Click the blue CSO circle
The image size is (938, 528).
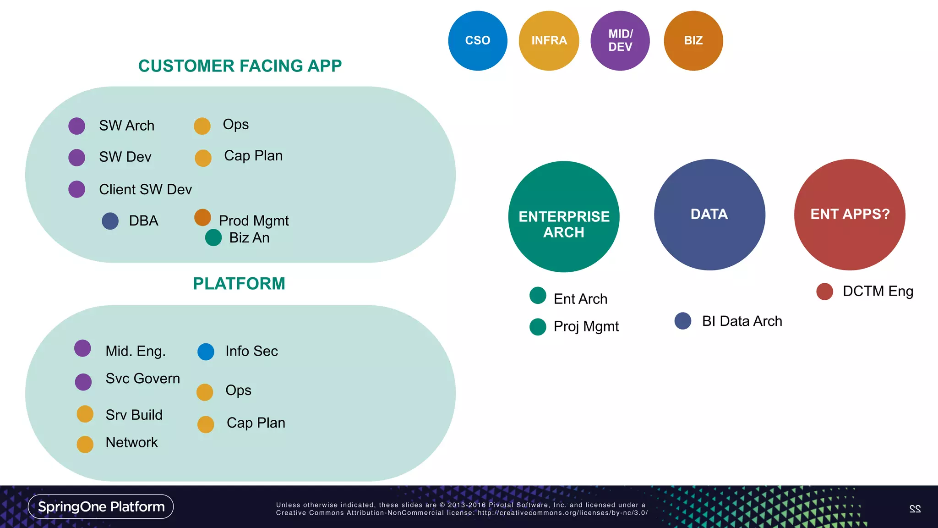pyautogui.click(x=478, y=41)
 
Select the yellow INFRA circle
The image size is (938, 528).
pyautogui.click(x=549, y=41)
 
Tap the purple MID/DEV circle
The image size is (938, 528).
pyautogui.click(x=620, y=41)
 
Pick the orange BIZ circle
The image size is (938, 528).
pyautogui.click(x=693, y=41)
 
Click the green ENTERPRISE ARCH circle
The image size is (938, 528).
pyautogui.click(x=564, y=216)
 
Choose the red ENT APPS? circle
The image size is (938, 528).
pyautogui.click(x=850, y=214)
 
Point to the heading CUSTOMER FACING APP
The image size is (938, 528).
pyautogui.click(x=240, y=66)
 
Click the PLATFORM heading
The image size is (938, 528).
pyautogui.click(x=239, y=284)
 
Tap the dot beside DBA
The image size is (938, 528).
pyautogui.click(x=110, y=221)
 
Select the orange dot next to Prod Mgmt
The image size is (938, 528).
pyautogui.click(x=202, y=218)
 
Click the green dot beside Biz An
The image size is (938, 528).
pyautogui.click(x=213, y=237)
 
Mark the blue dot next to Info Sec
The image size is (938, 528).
pyautogui.click(x=206, y=352)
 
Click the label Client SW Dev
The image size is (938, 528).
pyautogui.click(x=145, y=189)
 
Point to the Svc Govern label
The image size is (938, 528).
pyautogui.click(x=142, y=379)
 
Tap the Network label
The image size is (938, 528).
pyautogui.click(x=131, y=442)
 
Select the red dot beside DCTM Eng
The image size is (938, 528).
pyautogui.click(x=824, y=291)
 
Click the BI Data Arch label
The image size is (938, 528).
pyautogui.click(x=742, y=321)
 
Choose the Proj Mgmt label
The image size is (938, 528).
pyautogui.click(x=586, y=326)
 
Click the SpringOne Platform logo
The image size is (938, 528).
pyautogui.click(x=101, y=506)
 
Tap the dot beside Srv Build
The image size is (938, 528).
pyautogui.click(x=85, y=414)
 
